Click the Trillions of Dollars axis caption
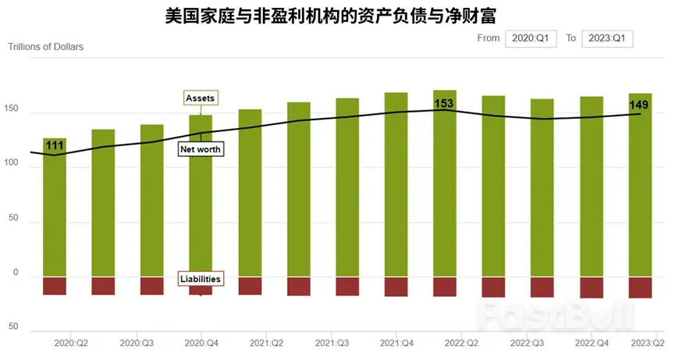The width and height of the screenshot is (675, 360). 45,46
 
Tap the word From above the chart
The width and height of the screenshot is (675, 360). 488,37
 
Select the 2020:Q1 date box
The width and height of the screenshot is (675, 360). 531,38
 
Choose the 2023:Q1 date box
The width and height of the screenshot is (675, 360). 607,38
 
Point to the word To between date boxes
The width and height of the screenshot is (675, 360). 571,37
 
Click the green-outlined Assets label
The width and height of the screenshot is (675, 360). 201,98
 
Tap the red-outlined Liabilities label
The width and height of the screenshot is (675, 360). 201,279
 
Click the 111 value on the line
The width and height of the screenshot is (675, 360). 55,145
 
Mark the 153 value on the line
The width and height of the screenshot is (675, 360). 444,103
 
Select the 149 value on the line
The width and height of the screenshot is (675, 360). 639,105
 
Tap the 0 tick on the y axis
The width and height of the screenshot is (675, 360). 12,273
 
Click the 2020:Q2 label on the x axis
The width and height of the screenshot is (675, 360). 71,342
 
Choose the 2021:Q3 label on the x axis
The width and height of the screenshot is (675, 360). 332,342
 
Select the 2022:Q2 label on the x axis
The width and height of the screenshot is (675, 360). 462,342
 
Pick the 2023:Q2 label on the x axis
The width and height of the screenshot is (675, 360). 648,342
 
